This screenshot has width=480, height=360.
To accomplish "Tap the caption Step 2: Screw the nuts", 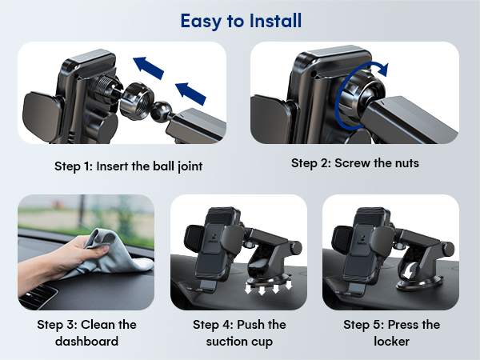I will point(354,163).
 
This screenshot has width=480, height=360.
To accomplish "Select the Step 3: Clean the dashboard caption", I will point(86,332).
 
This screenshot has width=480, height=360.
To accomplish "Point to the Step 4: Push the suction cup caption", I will point(238,332).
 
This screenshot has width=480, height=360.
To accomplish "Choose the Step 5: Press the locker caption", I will point(391,332).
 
